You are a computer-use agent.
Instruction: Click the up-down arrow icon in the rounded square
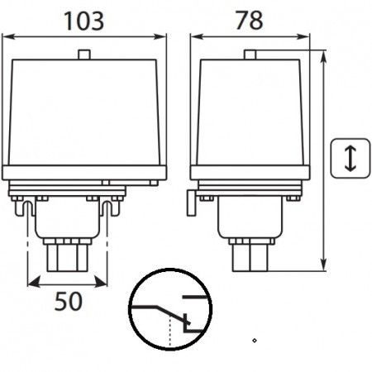[349, 158]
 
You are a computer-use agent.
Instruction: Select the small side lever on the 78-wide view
[189, 201]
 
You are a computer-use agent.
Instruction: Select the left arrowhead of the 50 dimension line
[31, 282]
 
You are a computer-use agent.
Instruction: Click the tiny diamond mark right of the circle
[255, 340]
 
